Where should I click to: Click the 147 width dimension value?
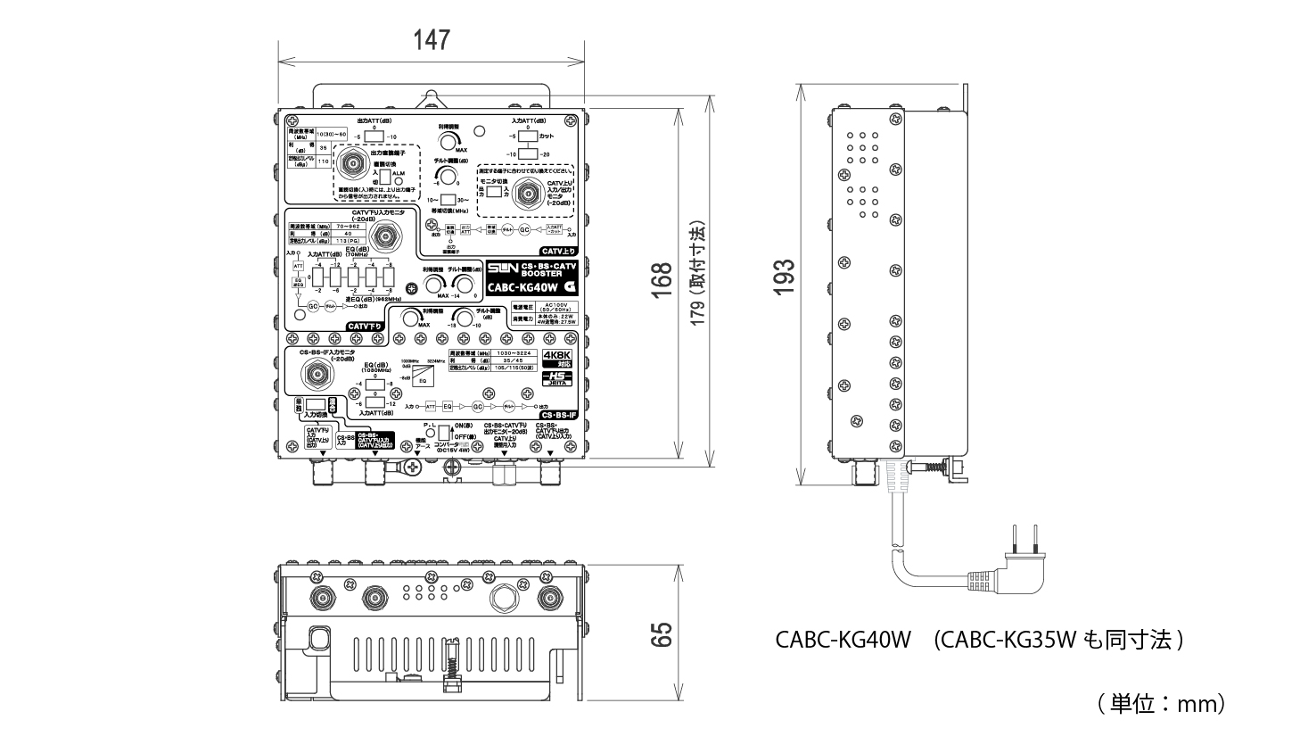tap(431, 40)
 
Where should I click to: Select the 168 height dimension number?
tap(661, 282)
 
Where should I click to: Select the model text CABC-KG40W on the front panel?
tap(522, 287)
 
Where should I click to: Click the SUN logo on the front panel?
tap(501, 269)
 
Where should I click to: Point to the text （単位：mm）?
tap(1161, 703)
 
